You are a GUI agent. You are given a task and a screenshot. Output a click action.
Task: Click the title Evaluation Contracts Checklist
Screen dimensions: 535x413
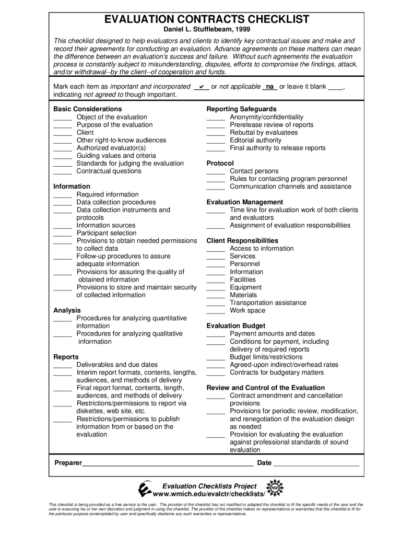(207, 20)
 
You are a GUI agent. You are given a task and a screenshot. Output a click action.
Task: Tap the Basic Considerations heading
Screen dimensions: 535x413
(88, 109)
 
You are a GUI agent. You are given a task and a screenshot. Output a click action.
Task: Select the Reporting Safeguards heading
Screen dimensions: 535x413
(242, 109)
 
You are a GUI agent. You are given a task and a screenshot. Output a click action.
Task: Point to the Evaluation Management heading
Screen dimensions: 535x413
(245, 202)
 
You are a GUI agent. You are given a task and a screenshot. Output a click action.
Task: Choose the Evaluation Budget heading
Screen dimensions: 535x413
(236, 326)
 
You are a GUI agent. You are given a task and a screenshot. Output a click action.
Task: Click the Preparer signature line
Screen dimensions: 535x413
(168, 464)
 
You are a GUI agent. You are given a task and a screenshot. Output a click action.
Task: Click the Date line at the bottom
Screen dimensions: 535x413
(316, 464)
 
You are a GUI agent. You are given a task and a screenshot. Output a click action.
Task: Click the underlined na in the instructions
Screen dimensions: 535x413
(270, 87)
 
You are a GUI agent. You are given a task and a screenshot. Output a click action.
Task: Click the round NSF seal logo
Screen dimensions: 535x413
(275, 489)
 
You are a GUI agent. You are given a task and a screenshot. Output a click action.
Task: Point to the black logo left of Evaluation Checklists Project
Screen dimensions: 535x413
(145, 489)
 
